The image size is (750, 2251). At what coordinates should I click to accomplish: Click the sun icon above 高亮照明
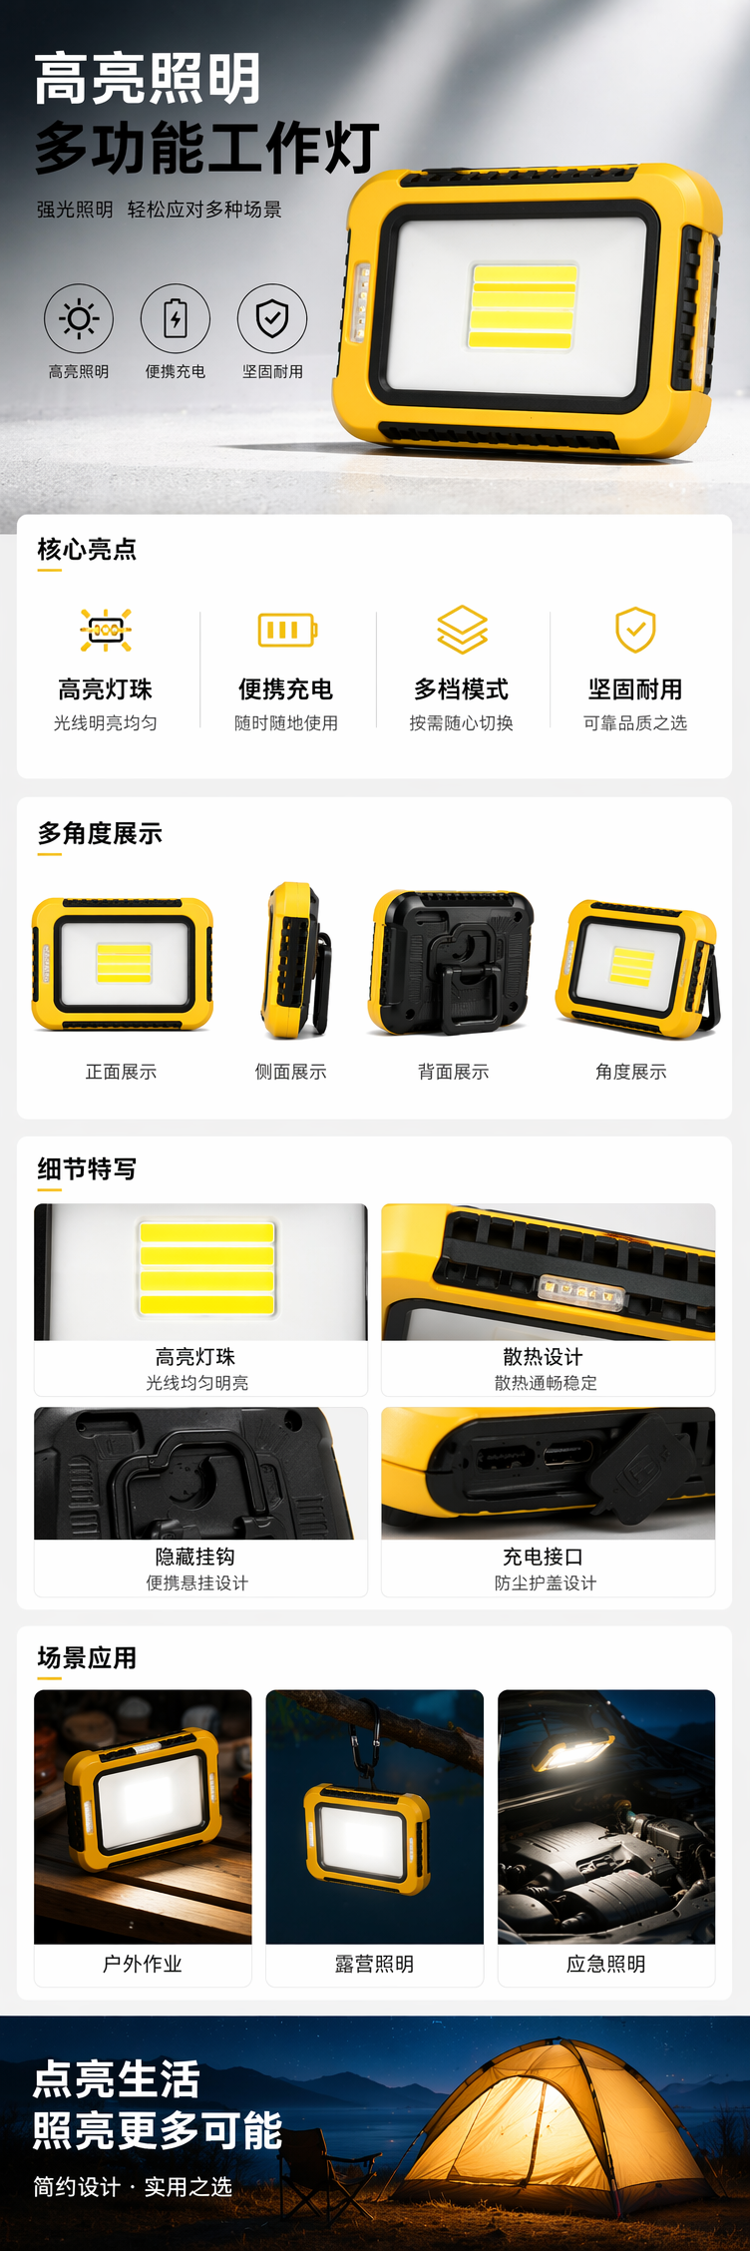(x=79, y=318)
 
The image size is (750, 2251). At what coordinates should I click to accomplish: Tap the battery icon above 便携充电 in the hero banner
(x=176, y=318)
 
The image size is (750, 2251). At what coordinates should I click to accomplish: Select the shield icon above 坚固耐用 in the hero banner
(x=272, y=318)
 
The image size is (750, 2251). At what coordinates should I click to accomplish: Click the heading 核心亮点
(x=87, y=549)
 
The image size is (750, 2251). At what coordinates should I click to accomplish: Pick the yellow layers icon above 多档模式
(x=462, y=630)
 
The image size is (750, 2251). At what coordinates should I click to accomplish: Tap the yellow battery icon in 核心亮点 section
(x=287, y=630)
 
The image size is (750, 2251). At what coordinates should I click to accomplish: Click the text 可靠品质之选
(x=635, y=723)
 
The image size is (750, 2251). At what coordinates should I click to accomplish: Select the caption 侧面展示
(x=290, y=1072)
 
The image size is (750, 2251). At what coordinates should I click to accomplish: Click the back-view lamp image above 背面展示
(x=453, y=962)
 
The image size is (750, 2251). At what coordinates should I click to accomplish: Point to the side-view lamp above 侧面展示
(x=295, y=960)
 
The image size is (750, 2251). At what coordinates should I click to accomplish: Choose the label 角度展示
(x=631, y=1072)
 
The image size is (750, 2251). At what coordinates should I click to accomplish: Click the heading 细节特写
(x=87, y=1168)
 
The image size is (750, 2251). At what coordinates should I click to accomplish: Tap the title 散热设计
(x=544, y=1357)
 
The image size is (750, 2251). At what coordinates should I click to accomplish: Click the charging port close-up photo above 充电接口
(x=549, y=1473)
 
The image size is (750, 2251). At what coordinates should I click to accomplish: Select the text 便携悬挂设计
(x=197, y=1582)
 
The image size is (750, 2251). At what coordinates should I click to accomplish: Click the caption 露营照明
(x=374, y=1964)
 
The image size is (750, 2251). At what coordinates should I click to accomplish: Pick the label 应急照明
(x=606, y=1964)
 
